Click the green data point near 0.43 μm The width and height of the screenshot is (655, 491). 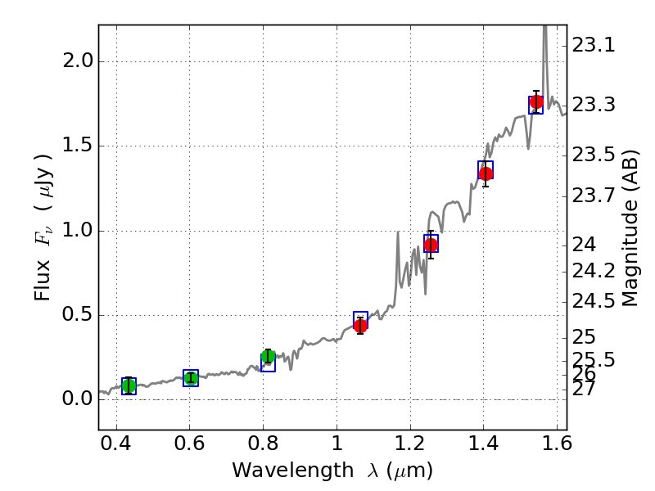pyautogui.click(x=129, y=385)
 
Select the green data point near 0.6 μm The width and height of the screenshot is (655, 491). pyautogui.click(x=191, y=378)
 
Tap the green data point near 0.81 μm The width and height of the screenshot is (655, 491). pyautogui.click(x=268, y=356)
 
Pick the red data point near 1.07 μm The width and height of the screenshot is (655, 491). pyautogui.click(x=360, y=325)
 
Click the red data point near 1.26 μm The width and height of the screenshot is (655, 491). pyautogui.click(x=431, y=245)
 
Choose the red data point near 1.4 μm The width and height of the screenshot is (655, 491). pyautogui.click(x=486, y=173)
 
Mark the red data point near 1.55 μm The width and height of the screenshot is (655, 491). pyautogui.click(x=536, y=102)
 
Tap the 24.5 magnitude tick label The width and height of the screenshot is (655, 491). pyautogui.click(x=594, y=301)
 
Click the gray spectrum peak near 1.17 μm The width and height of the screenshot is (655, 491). pyautogui.click(x=398, y=232)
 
